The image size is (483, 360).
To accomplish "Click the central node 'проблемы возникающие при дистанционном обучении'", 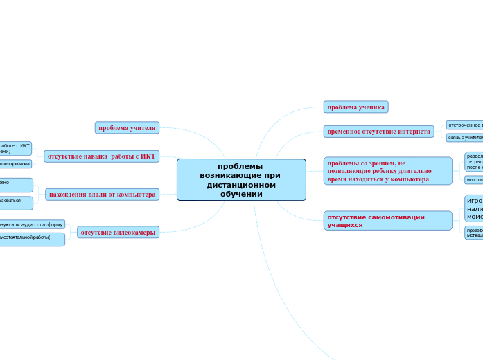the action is coord(241,180).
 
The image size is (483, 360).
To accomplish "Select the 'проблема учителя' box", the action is coord(127,128).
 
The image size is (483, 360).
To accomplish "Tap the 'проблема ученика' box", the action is coord(355,107).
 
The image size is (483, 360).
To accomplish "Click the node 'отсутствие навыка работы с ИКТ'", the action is coord(101,156).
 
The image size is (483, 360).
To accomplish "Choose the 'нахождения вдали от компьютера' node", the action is coord(102,195).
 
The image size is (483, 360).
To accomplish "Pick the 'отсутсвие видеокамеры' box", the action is coord(118,233).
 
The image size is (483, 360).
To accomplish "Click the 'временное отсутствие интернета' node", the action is coord(378,132).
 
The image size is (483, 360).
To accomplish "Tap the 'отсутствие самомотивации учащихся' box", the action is coord(387,221).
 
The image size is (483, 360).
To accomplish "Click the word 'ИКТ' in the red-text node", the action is coord(148,156).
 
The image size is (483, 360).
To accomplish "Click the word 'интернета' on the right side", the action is coord(414,132).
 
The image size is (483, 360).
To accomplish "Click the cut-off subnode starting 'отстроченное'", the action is coord(464,125).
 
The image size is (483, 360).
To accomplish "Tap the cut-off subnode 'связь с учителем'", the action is coord(464,138).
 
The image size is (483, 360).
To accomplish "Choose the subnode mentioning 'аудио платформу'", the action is coord(31,225).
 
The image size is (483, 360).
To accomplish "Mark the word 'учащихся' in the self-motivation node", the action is coord(344,225).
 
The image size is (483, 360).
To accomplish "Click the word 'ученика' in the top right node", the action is coord(371,107).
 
